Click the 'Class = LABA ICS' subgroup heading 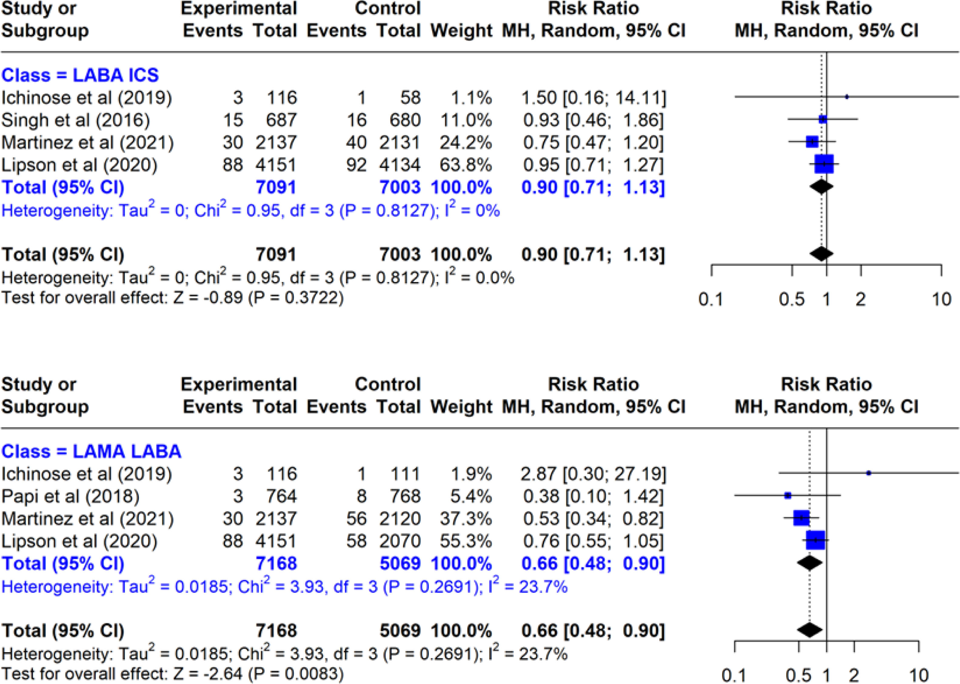[80, 75]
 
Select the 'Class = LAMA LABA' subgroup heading [91, 452]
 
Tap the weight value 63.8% [466, 165]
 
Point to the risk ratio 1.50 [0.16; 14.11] [594, 98]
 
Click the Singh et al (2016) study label [76, 120]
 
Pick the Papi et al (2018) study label [70, 496]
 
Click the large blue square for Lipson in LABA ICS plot [824, 164]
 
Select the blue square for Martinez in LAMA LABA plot [801, 518]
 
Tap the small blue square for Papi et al [788, 496]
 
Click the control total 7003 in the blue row [400, 188]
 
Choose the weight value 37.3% [466, 519]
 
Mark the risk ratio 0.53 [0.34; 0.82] [593, 519]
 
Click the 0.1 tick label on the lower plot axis [734, 676]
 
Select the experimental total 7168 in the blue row [276, 564]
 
